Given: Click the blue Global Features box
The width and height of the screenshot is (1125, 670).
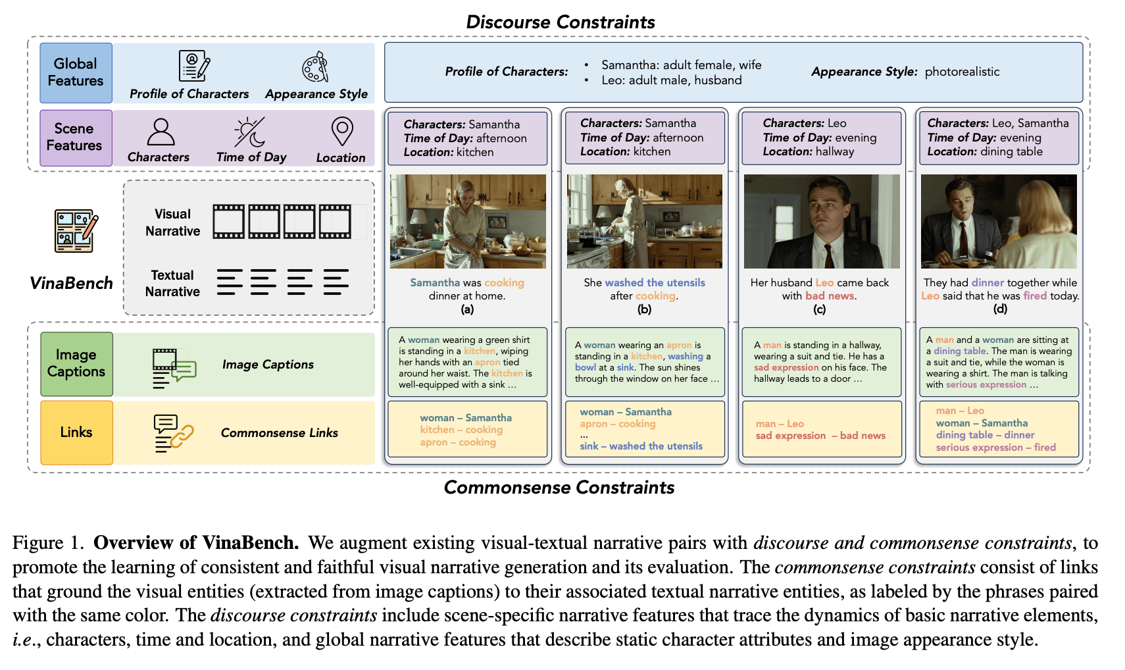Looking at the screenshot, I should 76,72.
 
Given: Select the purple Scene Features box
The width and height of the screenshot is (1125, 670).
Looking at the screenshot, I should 76,138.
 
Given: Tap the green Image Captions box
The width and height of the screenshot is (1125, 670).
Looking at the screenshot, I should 76,363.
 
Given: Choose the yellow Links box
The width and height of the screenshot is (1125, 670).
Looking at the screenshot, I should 76,432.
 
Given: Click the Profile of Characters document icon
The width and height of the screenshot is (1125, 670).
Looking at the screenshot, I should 193,66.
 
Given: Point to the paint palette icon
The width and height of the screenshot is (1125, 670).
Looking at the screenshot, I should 315,67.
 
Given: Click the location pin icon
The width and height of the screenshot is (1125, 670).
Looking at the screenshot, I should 341,132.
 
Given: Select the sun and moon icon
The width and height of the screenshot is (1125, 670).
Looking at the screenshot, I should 250,132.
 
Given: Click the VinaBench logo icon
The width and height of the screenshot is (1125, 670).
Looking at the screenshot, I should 75,231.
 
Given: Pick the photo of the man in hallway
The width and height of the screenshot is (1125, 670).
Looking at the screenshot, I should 821,221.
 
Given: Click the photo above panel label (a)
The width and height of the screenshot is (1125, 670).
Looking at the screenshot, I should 468,221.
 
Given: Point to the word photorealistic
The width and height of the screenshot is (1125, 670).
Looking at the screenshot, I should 962,72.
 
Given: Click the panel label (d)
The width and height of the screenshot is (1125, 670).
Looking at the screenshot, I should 1000,309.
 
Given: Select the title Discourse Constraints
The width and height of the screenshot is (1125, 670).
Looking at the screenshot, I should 561,22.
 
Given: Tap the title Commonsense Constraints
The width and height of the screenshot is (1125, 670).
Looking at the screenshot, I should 559,488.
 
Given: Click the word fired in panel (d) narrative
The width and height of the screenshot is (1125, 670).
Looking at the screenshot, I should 1035,296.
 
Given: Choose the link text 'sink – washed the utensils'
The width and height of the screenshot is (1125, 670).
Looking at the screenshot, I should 641,446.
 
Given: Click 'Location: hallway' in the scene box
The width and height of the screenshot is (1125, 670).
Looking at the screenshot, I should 808,152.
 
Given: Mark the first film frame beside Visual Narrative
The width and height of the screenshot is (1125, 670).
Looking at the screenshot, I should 228,221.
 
